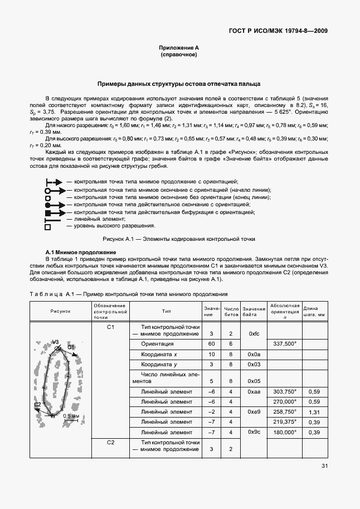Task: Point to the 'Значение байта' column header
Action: pyautogui.click(x=254, y=312)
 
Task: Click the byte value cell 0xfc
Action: pyautogui.click(x=254, y=333)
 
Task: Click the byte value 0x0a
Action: pyautogui.click(x=254, y=354)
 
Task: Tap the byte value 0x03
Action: pyautogui.click(x=254, y=364)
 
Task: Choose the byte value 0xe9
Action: pyautogui.click(x=254, y=411)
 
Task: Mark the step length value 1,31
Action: pyautogui.click(x=314, y=411)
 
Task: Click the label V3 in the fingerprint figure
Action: pyautogui.click(x=55, y=342)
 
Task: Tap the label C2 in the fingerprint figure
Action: pyautogui.click(x=37, y=404)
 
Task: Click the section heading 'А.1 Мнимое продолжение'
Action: pyautogui.click(x=72, y=252)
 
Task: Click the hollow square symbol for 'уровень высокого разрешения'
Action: pyautogui.click(x=48, y=227)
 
